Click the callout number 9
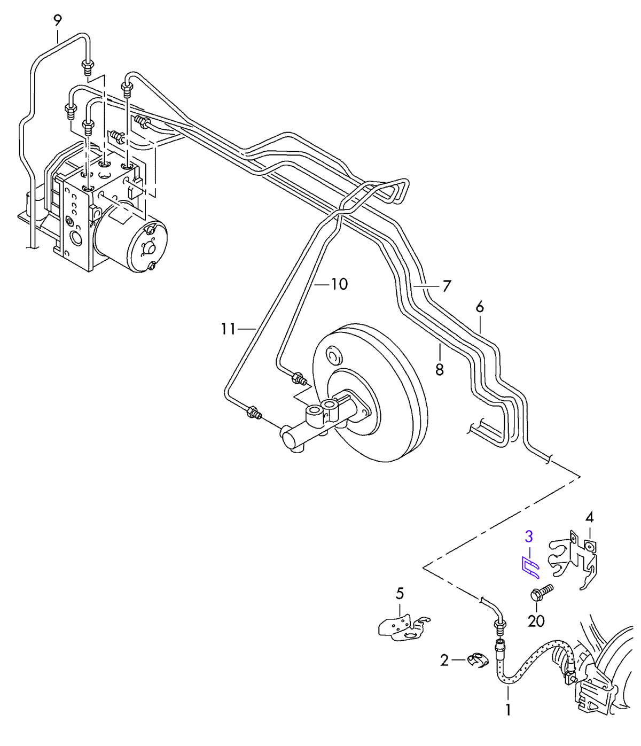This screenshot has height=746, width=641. pos(57,20)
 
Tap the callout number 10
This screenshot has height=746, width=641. pos(339,284)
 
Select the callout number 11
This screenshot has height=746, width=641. pos(228,329)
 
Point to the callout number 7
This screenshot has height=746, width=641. pos(447,286)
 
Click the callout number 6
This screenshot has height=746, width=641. pos(479,307)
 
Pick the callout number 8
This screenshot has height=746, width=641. pos(440,370)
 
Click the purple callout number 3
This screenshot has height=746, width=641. pos(529,537)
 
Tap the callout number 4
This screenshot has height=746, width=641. pos(589,517)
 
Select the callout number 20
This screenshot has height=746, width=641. pos(536,621)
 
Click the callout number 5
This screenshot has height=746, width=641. pos(400,593)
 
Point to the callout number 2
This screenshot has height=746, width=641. pos(444,660)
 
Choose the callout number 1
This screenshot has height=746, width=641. pos(508,710)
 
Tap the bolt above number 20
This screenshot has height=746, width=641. pos(542,593)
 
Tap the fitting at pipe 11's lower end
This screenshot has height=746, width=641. pos(254,412)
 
